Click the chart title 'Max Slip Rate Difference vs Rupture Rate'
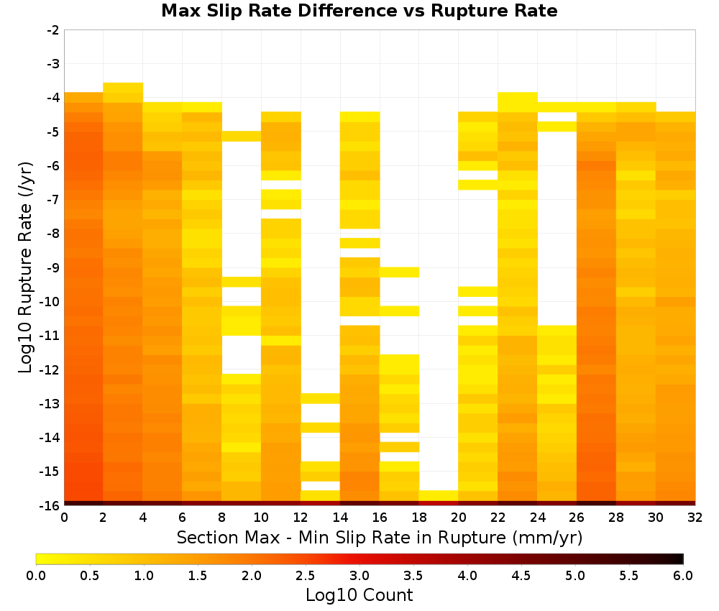359,11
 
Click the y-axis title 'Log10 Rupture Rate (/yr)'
25,267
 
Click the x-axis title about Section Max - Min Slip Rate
379,537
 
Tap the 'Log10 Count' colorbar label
359,595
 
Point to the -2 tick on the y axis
53,30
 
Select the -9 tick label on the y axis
53,267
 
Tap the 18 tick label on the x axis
419,518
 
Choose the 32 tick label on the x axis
695,518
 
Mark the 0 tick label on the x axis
64,518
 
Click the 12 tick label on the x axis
301,518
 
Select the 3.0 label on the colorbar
359,576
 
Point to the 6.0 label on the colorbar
683,576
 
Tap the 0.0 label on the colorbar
36,576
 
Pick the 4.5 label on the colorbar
521,576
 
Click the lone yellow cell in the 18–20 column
439,495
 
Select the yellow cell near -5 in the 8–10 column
241,136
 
